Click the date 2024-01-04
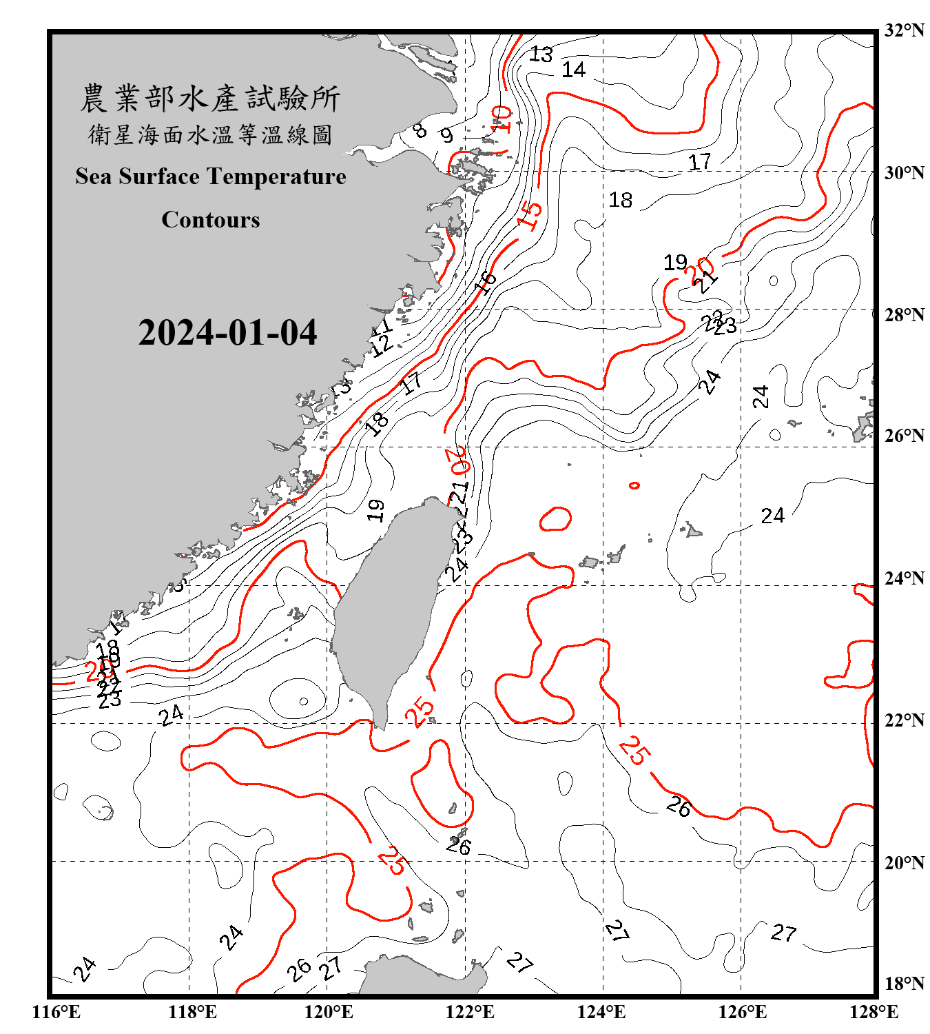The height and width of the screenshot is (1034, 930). [227, 333]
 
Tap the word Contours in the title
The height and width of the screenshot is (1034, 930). [211, 220]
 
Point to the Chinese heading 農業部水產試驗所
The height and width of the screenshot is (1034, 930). [210, 99]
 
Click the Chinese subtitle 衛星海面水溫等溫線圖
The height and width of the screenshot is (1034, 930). [210, 135]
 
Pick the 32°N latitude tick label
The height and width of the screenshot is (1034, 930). [904, 30]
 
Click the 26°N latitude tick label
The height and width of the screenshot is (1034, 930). [904, 436]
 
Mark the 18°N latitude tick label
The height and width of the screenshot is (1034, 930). [904, 983]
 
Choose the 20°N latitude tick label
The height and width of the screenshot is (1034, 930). [904, 862]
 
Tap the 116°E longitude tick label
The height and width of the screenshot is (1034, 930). [56, 1012]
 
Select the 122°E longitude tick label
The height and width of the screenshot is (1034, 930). [470, 1012]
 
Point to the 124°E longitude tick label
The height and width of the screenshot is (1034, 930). [601, 1012]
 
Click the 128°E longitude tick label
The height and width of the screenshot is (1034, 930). [874, 1012]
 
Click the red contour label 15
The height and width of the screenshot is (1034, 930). [530, 214]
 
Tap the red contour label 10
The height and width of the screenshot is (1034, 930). [502, 119]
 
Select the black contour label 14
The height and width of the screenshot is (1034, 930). [573, 70]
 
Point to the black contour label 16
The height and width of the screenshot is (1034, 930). [486, 281]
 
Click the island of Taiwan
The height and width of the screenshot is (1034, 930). [389, 607]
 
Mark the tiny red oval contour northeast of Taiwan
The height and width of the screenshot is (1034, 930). [634, 486]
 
